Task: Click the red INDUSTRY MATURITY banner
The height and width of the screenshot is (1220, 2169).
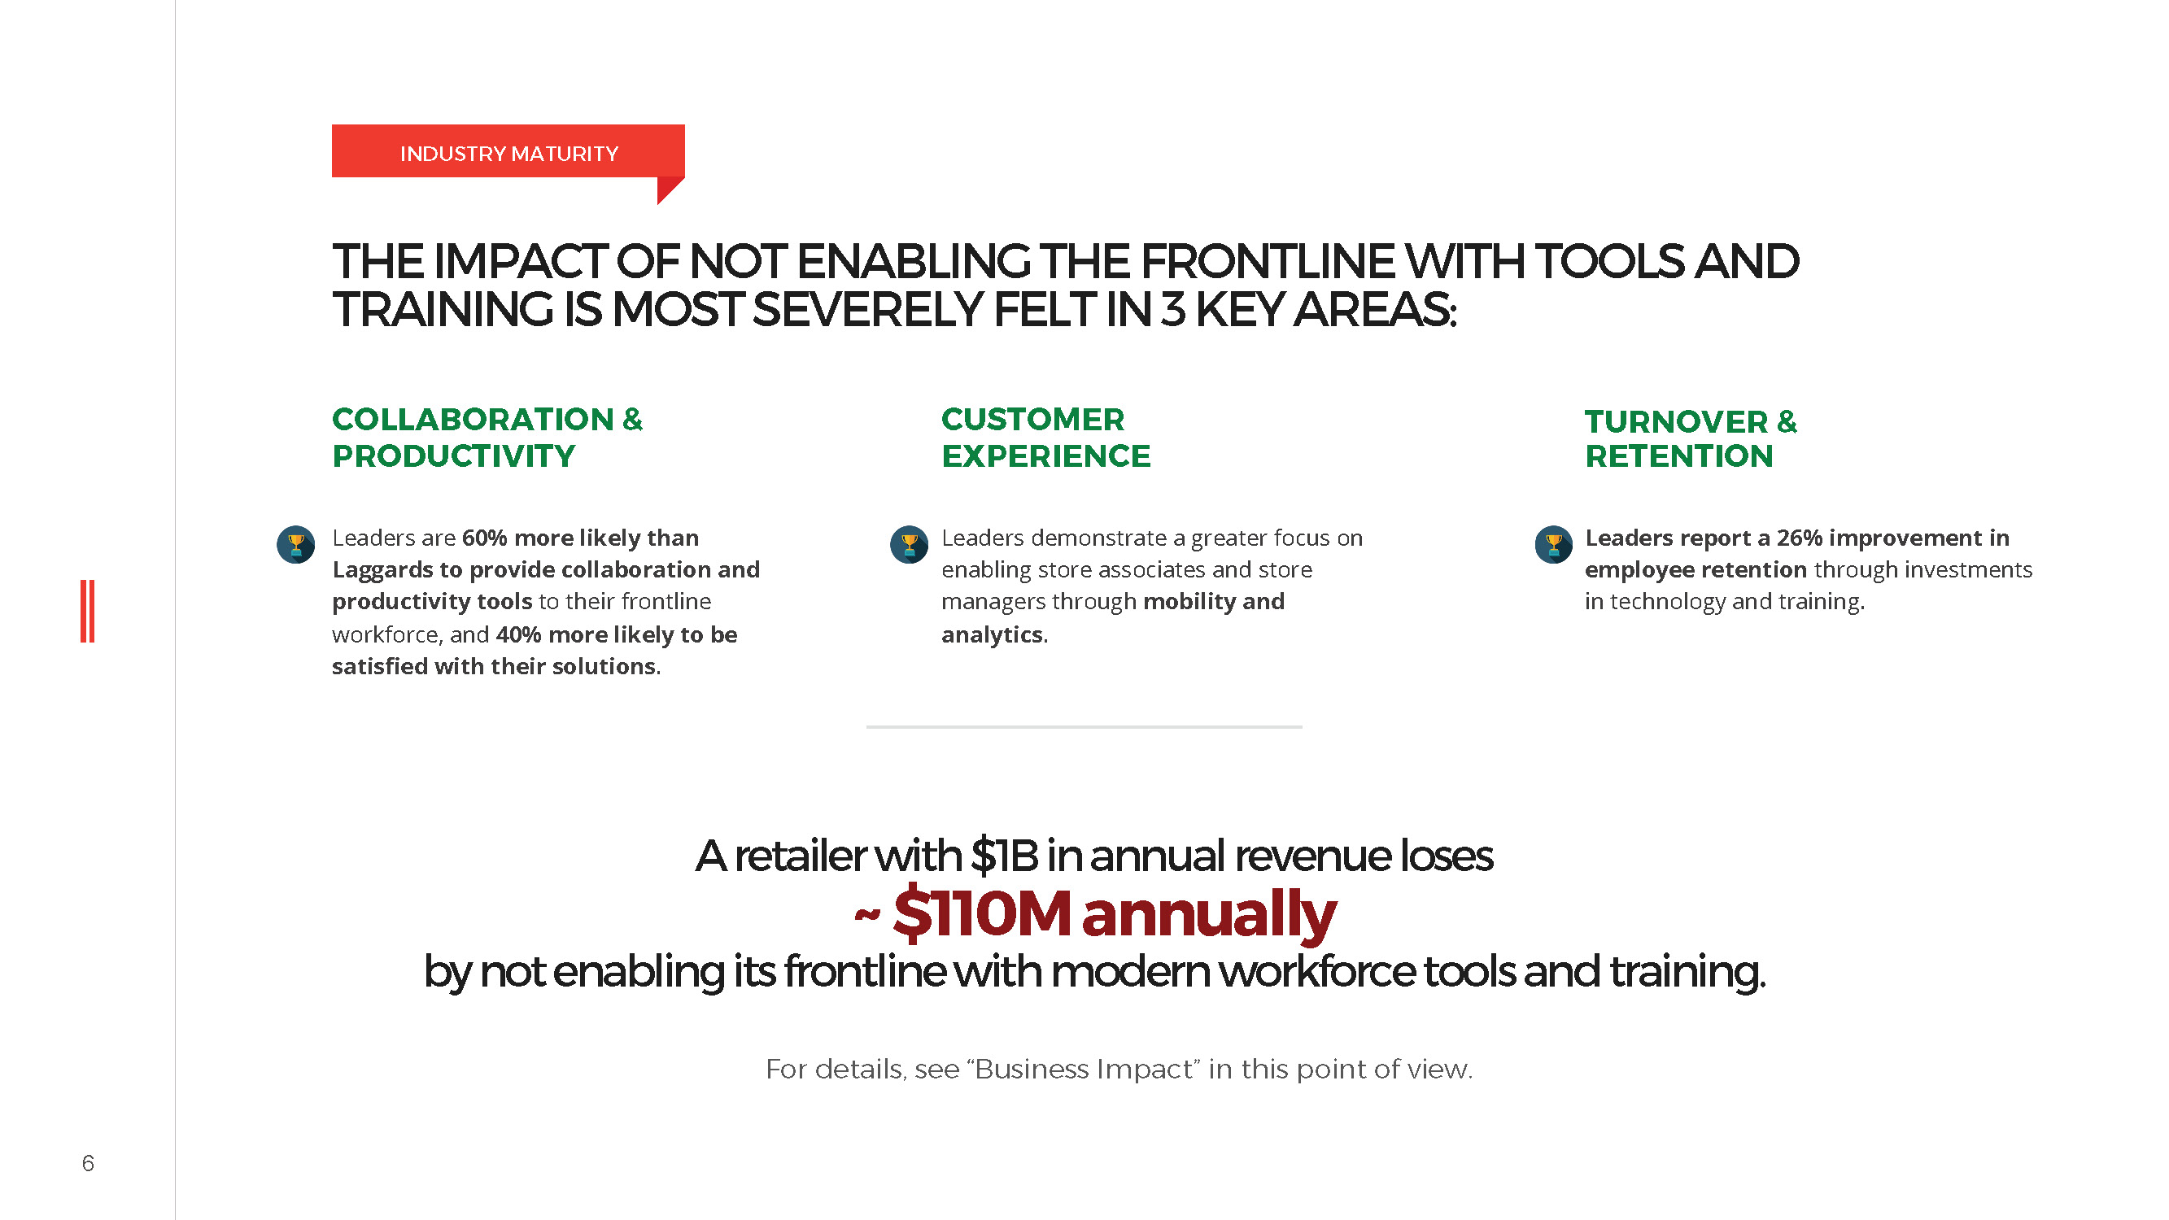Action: tap(508, 151)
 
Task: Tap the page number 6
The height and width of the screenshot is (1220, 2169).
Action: tap(88, 1163)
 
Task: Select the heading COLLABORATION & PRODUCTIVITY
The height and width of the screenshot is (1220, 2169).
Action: tap(487, 437)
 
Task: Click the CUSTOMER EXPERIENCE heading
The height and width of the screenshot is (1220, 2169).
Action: tap(1045, 437)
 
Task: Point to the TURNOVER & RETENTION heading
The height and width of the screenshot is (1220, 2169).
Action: tap(1691, 438)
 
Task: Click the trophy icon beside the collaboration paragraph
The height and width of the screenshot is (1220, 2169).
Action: tap(295, 545)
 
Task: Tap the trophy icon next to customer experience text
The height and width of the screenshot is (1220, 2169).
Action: tap(910, 545)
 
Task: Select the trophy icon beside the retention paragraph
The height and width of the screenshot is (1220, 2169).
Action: tap(1553, 545)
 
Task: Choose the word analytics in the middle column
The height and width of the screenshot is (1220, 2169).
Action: tap(992, 635)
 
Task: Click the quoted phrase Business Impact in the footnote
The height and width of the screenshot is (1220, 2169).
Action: tap(1085, 1069)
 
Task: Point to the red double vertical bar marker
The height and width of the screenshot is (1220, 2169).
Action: tap(88, 612)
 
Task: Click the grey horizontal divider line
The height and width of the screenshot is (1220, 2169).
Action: tap(1084, 726)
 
